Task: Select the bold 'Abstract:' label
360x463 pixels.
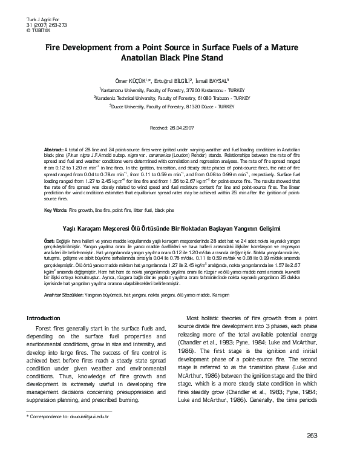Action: tap(55, 149)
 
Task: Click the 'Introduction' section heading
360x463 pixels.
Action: tap(48, 318)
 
